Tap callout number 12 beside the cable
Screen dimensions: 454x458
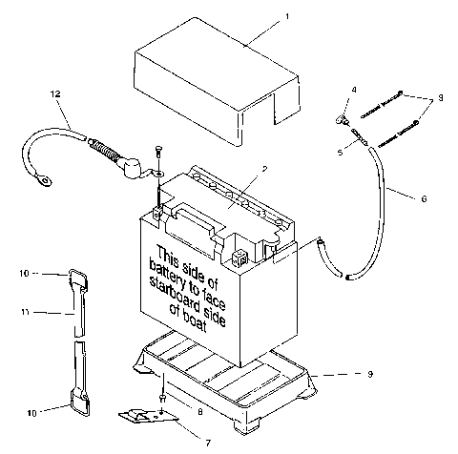(56, 93)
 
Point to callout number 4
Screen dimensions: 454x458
(353, 90)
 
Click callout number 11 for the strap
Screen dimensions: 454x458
(27, 311)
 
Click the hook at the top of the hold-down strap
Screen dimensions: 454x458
(77, 278)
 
